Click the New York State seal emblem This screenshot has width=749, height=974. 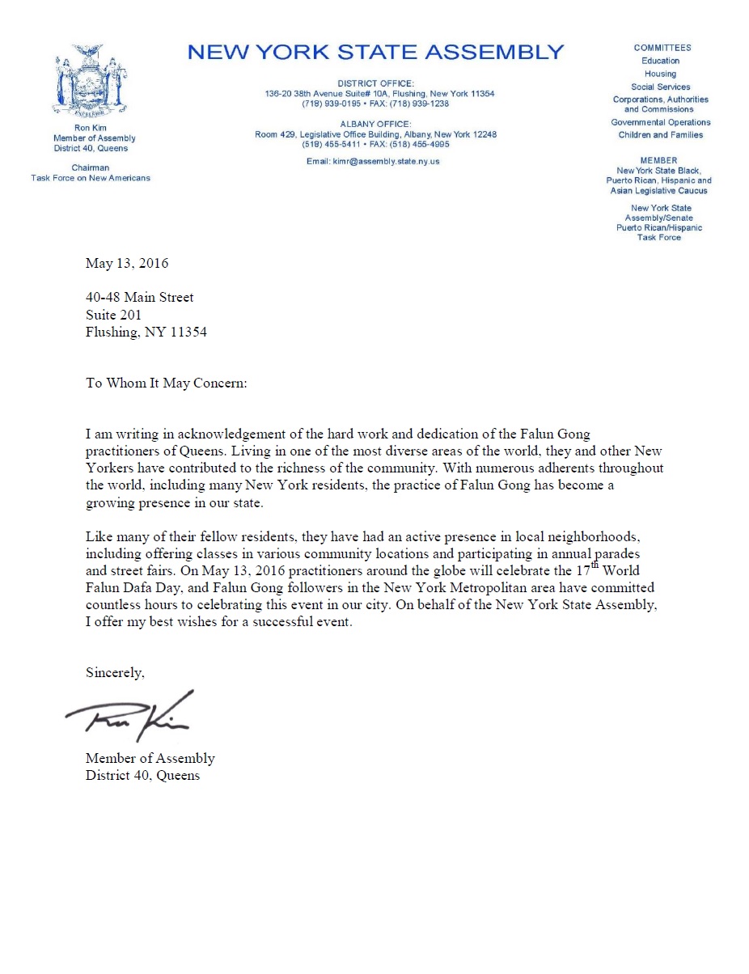point(91,81)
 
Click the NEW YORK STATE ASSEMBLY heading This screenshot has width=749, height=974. point(375,53)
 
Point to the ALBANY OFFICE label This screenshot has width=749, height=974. point(375,124)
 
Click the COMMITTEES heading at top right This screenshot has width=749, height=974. point(662,48)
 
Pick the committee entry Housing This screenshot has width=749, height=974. point(660,74)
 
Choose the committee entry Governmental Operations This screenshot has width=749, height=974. point(660,122)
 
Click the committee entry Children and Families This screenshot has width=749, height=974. point(660,135)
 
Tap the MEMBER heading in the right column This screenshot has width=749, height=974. point(658,160)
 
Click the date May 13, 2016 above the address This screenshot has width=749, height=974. point(127,263)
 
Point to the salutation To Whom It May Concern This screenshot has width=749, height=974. point(166,383)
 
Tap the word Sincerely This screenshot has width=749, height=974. point(115,672)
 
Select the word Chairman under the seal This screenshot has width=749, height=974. point(91,168)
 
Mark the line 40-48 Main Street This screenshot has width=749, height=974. point(140,298)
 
